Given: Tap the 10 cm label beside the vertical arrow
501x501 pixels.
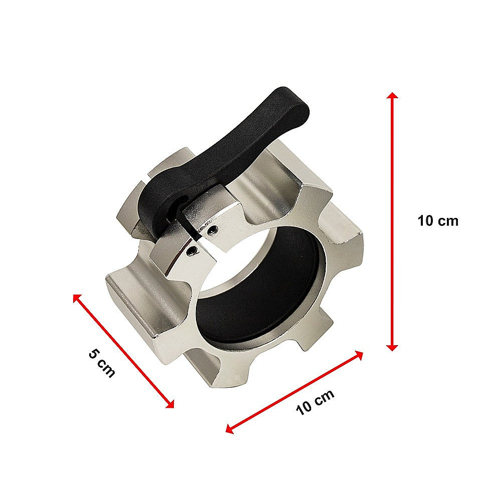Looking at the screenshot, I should pos(438,221).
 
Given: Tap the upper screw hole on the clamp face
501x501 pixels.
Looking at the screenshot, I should pos(214,230).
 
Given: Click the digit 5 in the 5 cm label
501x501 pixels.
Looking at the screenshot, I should pos(94,353).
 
